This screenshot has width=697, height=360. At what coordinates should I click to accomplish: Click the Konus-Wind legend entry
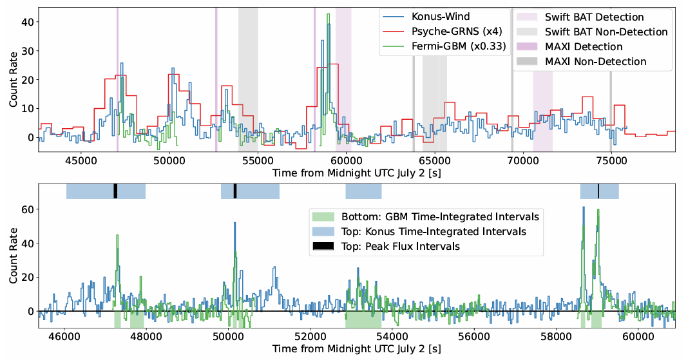click(x=440, y=17)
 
